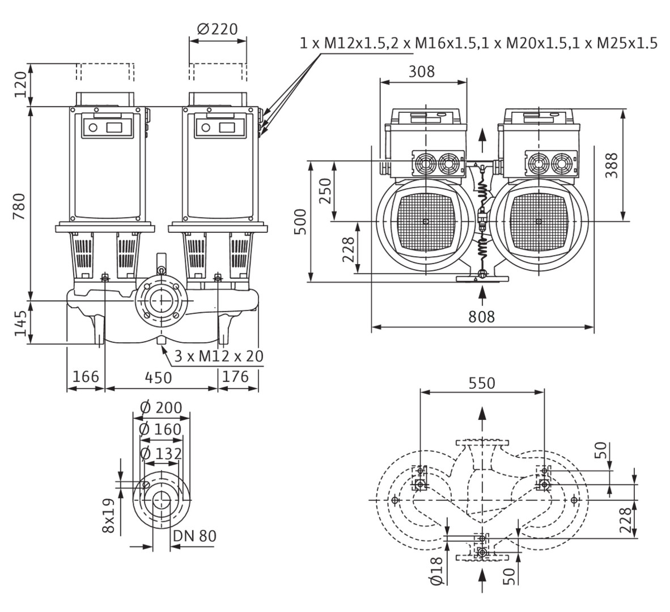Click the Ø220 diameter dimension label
(218, 28)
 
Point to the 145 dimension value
(20, 323)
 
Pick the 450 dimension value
(162, 376)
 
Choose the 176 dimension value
(236, 376)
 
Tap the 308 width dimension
(422, 71)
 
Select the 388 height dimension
(611, 165)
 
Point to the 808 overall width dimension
(482, 316)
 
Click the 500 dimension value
(300, 222)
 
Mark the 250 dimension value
(324, 191)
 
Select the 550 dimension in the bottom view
(482, 383)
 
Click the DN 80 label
(194, 536)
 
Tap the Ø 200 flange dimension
(160, 407)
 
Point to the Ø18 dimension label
(435, 570)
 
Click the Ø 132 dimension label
(160, 453)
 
